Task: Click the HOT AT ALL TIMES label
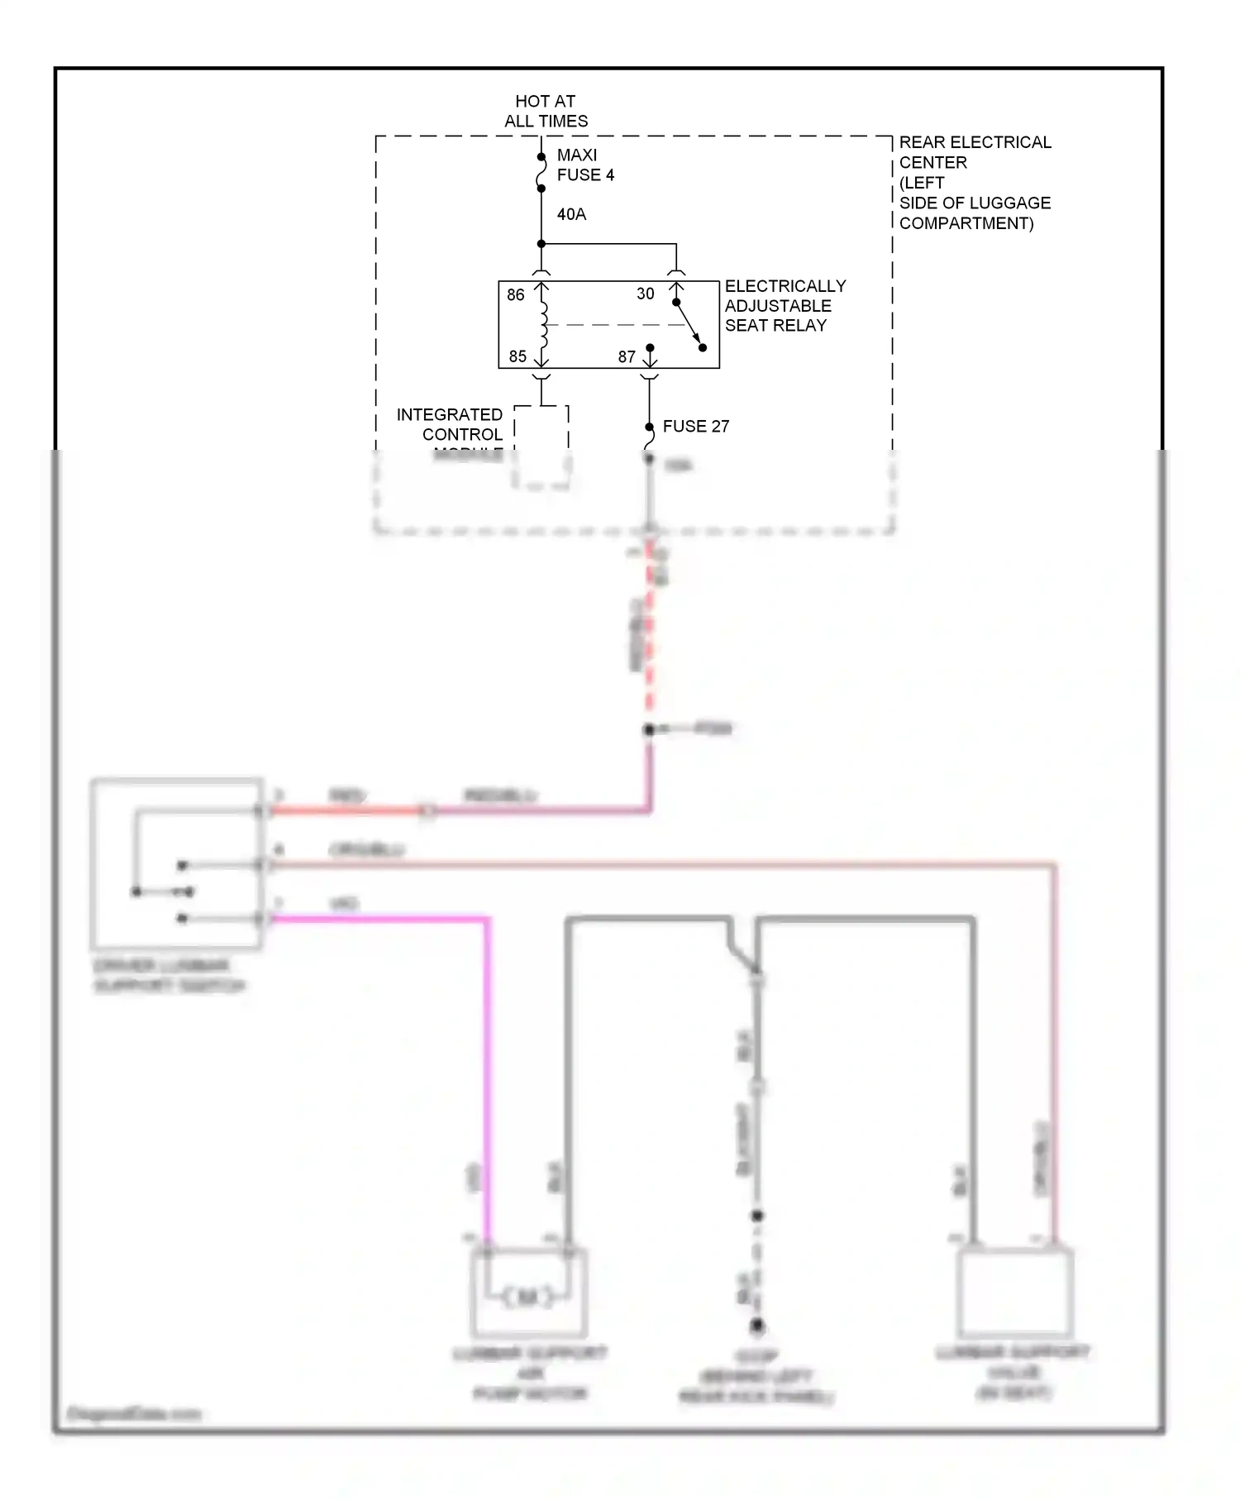pyautogui.click(x=546, y=111)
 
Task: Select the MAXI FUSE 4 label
pyautogui.click(x=584, y=165)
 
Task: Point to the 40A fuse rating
pyautogui.click(x=571, y=214)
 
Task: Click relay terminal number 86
pyautogui.click(x=516, y=295)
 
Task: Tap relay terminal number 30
pyautogui.click(x=646, y=294)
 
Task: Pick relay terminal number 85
pyautogui.click(x=517, y=356)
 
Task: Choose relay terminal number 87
pyautogui.click(x=627, y=357)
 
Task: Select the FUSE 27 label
pyautogui.click(x=695, y=427)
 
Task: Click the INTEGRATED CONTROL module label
pyautogui.click(x=450, y=425)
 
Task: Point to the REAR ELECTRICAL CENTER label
pyautogui.click(x=974, y=183)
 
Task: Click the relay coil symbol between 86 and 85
pyautogui.click(x=543, y=325)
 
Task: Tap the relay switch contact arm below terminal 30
pyautogui.click(x=689, y=325)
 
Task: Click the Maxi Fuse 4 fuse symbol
pyautogui.click(x=541, y=173)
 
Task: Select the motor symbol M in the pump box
pyautogui.click(x=527, y=1297)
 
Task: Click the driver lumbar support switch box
pyautogui.click(x=176, y=862)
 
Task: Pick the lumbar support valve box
pyautogui.click(x=1014, y=1293)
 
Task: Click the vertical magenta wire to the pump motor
pyautogui.click(x=487, y=1075)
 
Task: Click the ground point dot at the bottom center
pyautogui.click(x=756, y=1326)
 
